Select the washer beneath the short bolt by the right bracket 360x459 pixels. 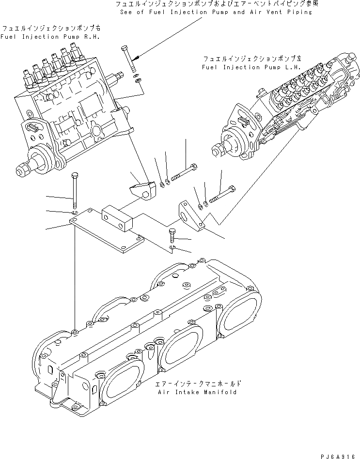click(173, 248)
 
